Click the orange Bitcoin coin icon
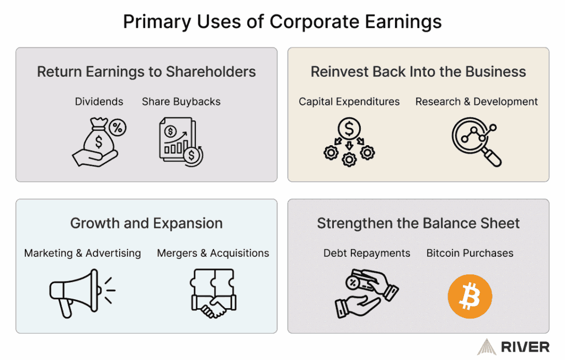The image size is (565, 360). point(470,296)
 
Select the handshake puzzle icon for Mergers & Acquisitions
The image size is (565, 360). point(214,293)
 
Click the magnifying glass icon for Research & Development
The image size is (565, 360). point(476,142)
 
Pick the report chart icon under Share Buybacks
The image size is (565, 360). point(181,142)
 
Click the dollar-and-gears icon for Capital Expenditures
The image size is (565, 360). point(349,142)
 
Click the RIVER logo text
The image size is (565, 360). point(525,347)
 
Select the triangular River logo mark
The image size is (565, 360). point(487,347)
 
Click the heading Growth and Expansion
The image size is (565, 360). point(146,223)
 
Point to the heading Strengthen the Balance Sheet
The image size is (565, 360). point(418,223)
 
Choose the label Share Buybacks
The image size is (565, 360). point(181,102)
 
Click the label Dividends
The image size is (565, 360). point(99,102)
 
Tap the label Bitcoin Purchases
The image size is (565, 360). point(470,253)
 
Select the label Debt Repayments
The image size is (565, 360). point(367,253)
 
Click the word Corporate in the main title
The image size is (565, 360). point(314,22)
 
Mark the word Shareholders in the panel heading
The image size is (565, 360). point(211,72)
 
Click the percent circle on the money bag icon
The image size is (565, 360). point(118,128)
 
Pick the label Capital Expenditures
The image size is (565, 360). point(349,102)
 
